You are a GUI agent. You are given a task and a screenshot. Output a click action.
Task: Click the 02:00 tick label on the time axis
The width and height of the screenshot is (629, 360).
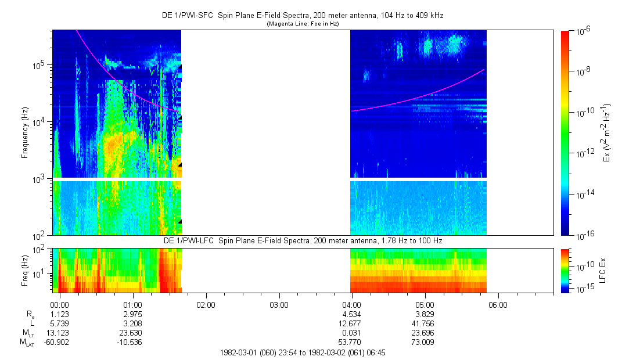206,304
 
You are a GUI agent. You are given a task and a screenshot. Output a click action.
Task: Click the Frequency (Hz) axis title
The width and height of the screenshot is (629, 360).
25,133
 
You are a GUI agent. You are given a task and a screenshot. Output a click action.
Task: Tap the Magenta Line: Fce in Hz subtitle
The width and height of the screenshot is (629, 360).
302,24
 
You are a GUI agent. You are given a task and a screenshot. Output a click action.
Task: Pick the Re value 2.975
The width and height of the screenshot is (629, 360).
133,314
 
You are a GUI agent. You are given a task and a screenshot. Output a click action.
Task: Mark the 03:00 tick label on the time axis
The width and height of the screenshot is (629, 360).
279,304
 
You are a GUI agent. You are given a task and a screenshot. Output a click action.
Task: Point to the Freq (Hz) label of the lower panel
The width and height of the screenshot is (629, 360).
25,270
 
